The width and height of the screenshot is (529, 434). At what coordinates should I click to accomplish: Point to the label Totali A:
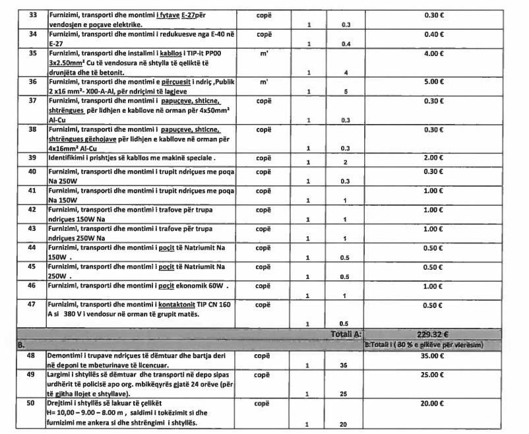coord(346,334)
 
